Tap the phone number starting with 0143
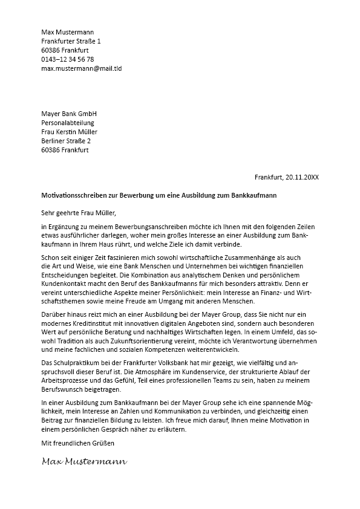tap(67, 60)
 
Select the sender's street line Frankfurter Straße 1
tap(71, 41)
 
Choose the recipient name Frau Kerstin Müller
tap(69, 132)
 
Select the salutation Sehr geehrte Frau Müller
tap(77, 212)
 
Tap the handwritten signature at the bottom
tap(84, 462)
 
